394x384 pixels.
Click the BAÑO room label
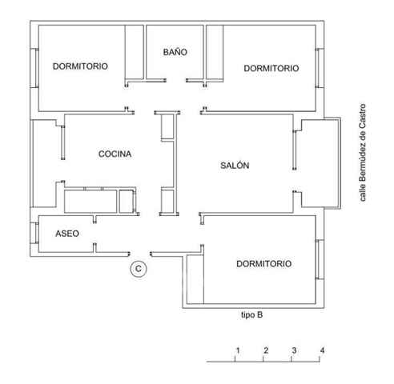point(175,52)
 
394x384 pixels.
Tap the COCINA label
point(115,154)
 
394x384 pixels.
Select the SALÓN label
point(235,166)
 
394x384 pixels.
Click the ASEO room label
point(67,234)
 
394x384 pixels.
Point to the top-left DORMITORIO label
point(80,66)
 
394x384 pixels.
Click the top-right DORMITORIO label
point(271,68)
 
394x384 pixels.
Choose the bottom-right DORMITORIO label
point(264,264)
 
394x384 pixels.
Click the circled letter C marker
point(139,269)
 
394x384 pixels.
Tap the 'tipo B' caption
point(252,315)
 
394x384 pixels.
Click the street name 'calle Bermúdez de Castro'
point(362,153)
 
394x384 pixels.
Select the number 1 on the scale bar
point(238,350)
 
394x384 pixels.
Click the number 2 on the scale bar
point(266,350)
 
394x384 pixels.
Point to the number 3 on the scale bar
point(294,350)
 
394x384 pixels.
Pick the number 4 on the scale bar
point(322,350)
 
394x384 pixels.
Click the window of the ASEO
point(34,233)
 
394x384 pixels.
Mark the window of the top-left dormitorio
point(34,68)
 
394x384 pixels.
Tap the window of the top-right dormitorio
point(320,68)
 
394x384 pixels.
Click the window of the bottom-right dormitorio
point(320,259)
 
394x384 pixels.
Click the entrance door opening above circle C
point(140,254)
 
